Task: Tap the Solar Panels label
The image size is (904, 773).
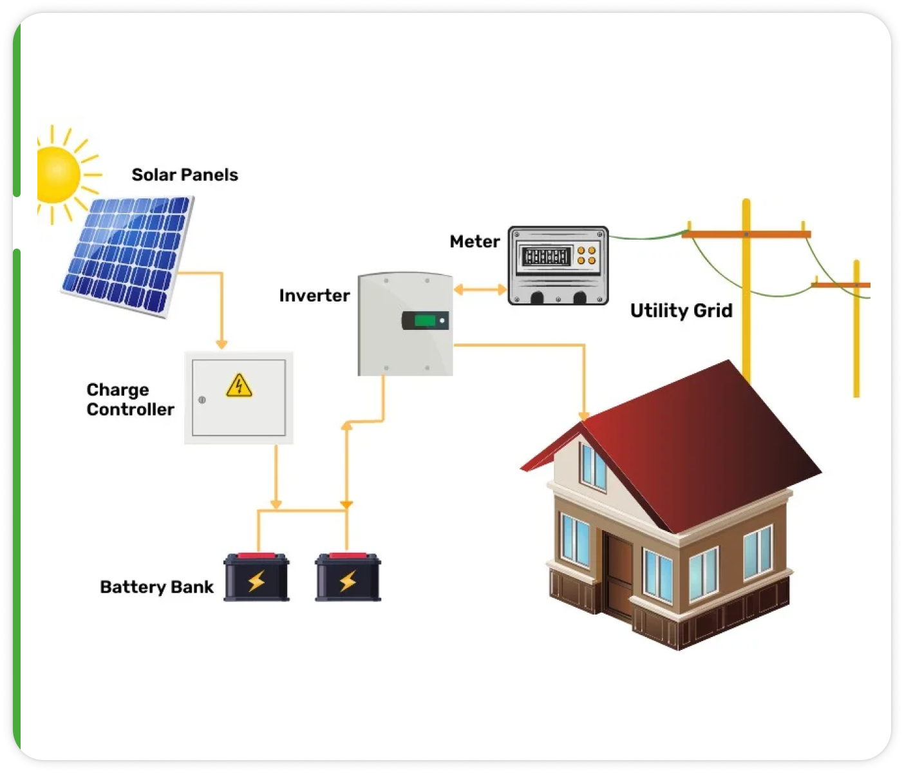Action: [185, 175]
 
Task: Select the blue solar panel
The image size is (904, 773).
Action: [127, 254]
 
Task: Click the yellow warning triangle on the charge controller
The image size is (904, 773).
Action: [239, 385]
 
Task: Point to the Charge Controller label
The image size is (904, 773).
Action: [130, 399]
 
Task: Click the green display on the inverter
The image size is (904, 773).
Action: [425, 320]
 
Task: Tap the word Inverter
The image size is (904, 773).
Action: [314, 296]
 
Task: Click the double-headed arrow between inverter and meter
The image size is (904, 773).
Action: [480, 290]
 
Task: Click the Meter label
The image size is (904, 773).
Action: [475, 242]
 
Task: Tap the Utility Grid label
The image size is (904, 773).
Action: [681, 310]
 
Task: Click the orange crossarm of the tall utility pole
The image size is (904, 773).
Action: [746, 234]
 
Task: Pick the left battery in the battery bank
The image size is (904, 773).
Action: [256, 578]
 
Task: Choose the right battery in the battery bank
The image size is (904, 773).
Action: [348, 578]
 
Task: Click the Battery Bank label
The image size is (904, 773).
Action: [156, 587]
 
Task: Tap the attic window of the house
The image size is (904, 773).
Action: [593, 466]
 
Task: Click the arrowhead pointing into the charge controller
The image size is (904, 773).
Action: [221, 345]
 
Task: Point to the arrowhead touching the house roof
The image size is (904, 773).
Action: [584, 415]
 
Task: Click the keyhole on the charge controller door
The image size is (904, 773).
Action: [202, 400]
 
